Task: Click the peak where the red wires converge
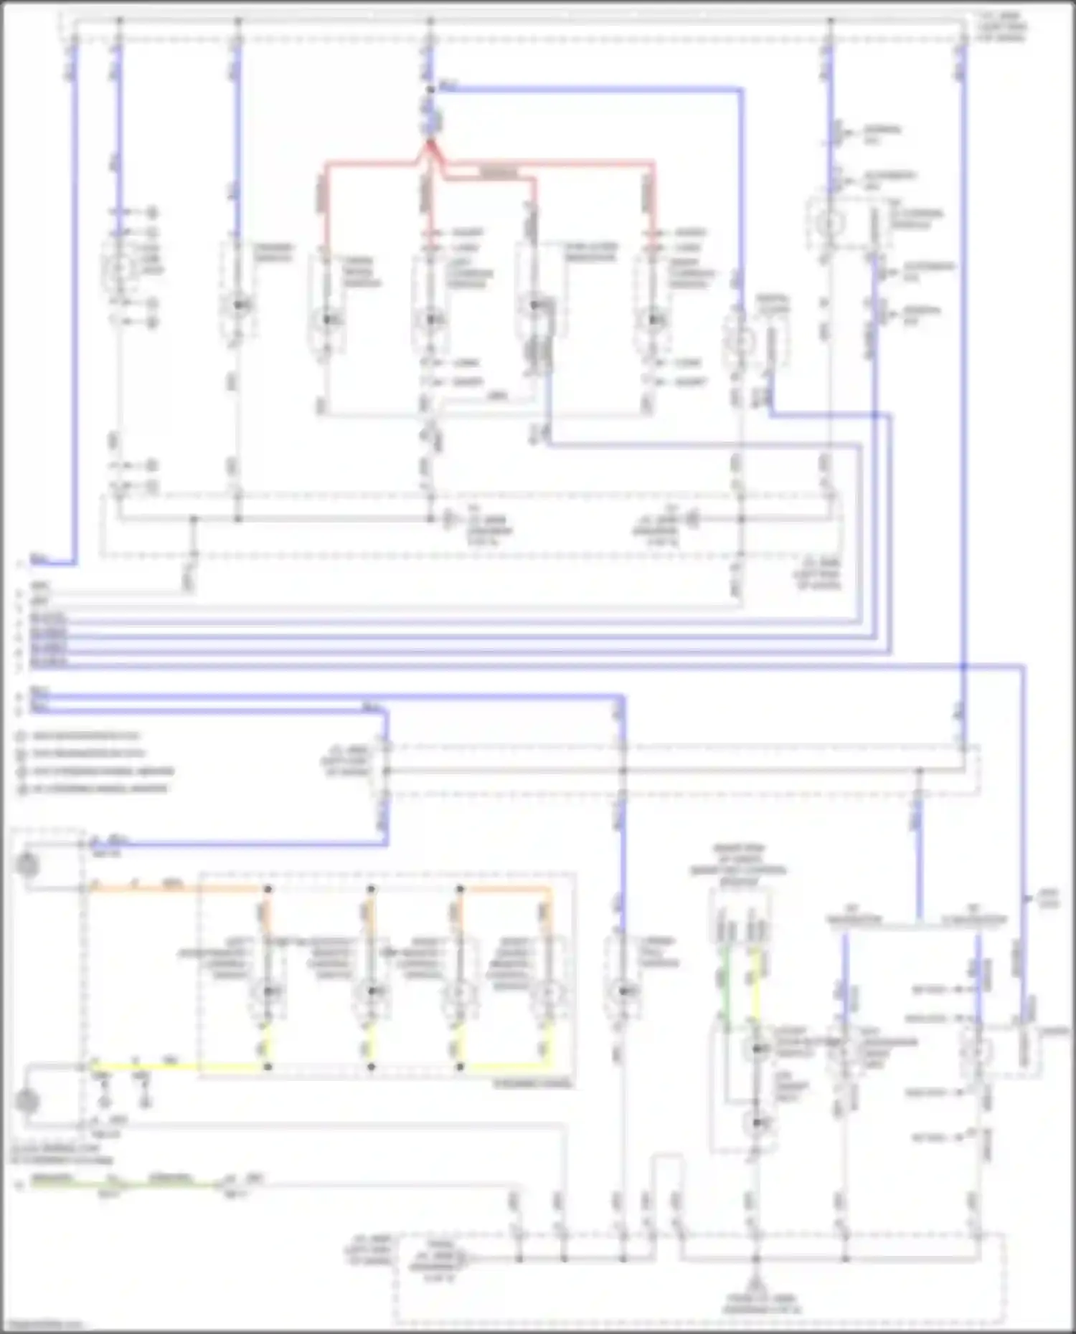coord(430,143)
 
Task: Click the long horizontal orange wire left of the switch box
coord(143,889)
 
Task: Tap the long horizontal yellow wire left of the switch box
coord(143,1067)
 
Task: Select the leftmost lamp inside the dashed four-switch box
coord(268,992)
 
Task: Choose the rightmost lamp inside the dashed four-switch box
coord(550,992)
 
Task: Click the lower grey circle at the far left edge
coord(27,1101)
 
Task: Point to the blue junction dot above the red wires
coord(430,90)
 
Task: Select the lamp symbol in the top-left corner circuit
coord(119,267)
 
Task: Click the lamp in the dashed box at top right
coord(830,224)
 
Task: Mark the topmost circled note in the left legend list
coord(22,736)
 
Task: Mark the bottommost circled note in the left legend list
coord(22,789)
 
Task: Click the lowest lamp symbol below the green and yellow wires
coord(755,1123)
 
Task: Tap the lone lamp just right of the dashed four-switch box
coord(623,992)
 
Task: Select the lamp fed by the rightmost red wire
coord(652,318)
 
